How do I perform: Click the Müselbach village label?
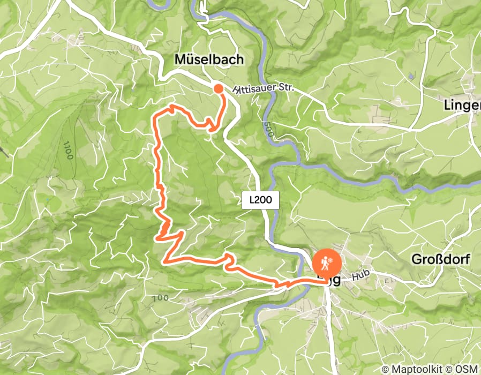pos(209,60)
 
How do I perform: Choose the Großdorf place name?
pos(441,260)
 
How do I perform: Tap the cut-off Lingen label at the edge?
pos(462,106)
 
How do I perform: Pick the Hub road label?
pos(361,277)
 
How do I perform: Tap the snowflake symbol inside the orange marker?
pos(332,260)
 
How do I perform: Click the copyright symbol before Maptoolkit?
pos(386,369)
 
